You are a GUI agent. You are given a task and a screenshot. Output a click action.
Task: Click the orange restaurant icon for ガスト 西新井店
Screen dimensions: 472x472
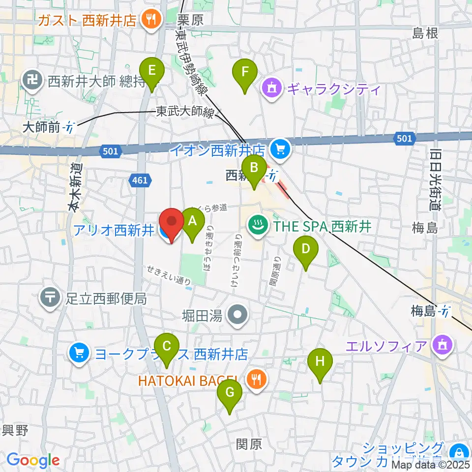point(149,19)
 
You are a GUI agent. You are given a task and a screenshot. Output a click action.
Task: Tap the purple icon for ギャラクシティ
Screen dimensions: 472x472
point(272,89)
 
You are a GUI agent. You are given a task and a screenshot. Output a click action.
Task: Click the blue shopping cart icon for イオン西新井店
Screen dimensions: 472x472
point(281,148)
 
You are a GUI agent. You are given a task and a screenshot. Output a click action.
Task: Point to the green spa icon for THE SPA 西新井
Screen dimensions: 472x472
point(257,226)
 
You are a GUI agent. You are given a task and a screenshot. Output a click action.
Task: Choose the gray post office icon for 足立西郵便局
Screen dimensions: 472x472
point(51,297)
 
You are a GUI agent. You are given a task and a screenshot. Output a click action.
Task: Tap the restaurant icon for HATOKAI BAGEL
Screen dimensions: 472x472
point(256,380)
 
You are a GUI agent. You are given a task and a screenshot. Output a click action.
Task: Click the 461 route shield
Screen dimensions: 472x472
point(140,181)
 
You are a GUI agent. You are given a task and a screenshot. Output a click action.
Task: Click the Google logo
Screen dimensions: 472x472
point(33,461)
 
